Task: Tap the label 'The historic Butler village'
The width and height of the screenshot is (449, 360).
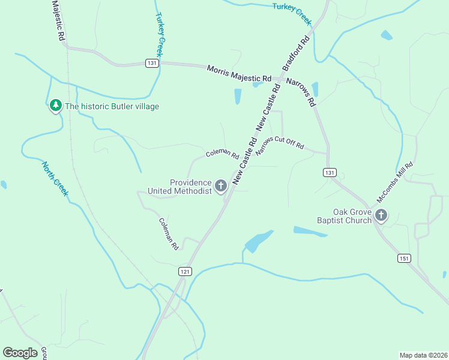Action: (x=112, y=107)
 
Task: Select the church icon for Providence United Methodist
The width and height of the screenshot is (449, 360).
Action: (x=221, y=186)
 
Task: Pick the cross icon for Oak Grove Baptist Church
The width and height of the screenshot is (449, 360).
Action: (x=381, y=215)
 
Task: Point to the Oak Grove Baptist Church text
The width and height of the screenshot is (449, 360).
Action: (x=345, y=216)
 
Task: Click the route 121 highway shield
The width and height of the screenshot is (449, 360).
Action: (x=185, y=272)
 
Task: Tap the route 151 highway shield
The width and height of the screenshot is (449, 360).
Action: (x=403, y=257)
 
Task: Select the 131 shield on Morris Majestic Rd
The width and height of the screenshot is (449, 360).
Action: (x=152, y=63)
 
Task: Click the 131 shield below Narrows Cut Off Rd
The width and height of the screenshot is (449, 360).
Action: (x=329, y=172)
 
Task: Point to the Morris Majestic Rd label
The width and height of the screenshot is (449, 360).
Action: (x=239, y=74)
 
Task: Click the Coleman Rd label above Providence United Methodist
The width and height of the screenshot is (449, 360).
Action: (x=222, y=154)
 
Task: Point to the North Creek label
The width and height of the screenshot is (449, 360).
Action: (x=55, y=178)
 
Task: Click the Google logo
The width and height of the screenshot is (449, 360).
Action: (x=20, y=353)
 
